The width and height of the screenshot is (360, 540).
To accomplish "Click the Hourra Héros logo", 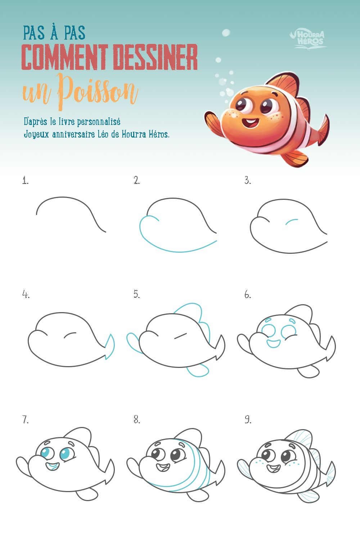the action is point(308,40).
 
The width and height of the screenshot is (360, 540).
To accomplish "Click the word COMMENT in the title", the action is point(64,57).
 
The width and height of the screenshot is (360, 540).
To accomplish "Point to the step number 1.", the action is point(25,181).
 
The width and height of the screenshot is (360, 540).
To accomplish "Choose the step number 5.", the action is point(137,294).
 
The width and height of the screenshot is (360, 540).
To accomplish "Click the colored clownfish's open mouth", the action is point(250,123).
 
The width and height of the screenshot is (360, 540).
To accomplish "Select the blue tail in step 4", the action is point(110,347).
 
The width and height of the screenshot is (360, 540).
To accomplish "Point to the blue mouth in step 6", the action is point(274,344).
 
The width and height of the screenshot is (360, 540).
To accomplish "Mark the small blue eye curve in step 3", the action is point(292,221).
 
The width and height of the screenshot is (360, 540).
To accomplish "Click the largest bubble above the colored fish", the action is point(226,32).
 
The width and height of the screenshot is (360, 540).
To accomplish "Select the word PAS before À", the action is point(34,33).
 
